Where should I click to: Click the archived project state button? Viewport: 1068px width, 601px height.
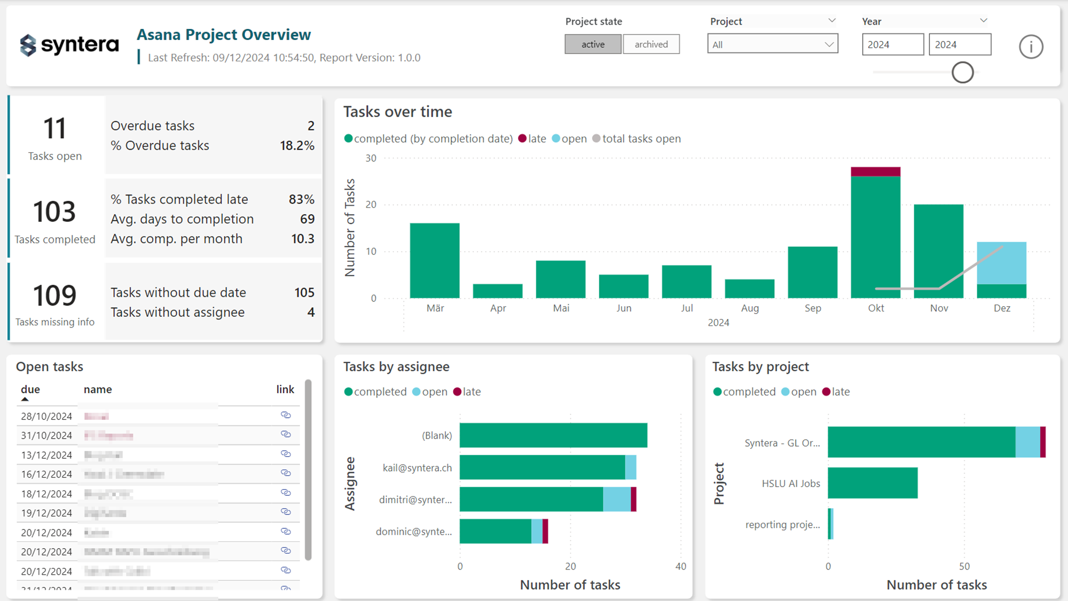(x=651, y=44)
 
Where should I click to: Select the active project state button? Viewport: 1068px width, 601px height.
(x=593, y=44)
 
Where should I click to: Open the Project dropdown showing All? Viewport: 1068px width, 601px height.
(x=772, y=44)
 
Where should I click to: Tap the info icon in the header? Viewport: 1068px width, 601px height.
(x=1031, y=47)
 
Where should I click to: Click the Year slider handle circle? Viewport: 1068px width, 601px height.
(x=962, y=73)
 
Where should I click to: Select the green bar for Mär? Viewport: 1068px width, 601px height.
(x=435, y=261)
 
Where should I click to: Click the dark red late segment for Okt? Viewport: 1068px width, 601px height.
(x=875, y=171)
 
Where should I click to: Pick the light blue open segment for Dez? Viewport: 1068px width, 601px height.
(x=1001, y=263)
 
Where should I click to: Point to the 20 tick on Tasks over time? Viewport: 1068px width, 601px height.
(x=371, y=205)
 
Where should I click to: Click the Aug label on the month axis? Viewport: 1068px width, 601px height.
(x=750, y=308)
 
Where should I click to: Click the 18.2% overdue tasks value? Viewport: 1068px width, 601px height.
(x=297, y=145)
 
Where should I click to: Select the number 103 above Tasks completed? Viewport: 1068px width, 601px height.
(x=54, y=212)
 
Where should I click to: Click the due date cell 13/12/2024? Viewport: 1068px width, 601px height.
(x=46, y=455)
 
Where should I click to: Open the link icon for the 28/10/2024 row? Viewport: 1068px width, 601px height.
(x=286, y=415)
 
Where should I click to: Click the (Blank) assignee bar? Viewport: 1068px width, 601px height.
(x=553, y=435)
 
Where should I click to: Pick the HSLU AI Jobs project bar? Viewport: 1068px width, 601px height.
(x=873, y=483)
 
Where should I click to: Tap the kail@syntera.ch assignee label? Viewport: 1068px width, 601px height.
(x=417, y=468)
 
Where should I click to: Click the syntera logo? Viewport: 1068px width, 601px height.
(x=69, y=45)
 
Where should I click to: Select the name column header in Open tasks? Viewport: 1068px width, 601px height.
(x=98, y=389)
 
